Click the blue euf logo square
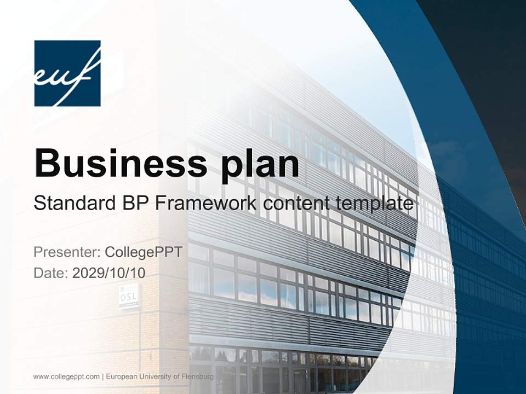tap(67, 73)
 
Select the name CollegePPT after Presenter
tap(143, 253)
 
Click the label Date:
tap(51, 273)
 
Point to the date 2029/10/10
tap(108, 273)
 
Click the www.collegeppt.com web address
tap(66, 376)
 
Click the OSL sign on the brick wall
tap(128, 296)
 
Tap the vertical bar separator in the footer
tap(103, 376)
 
